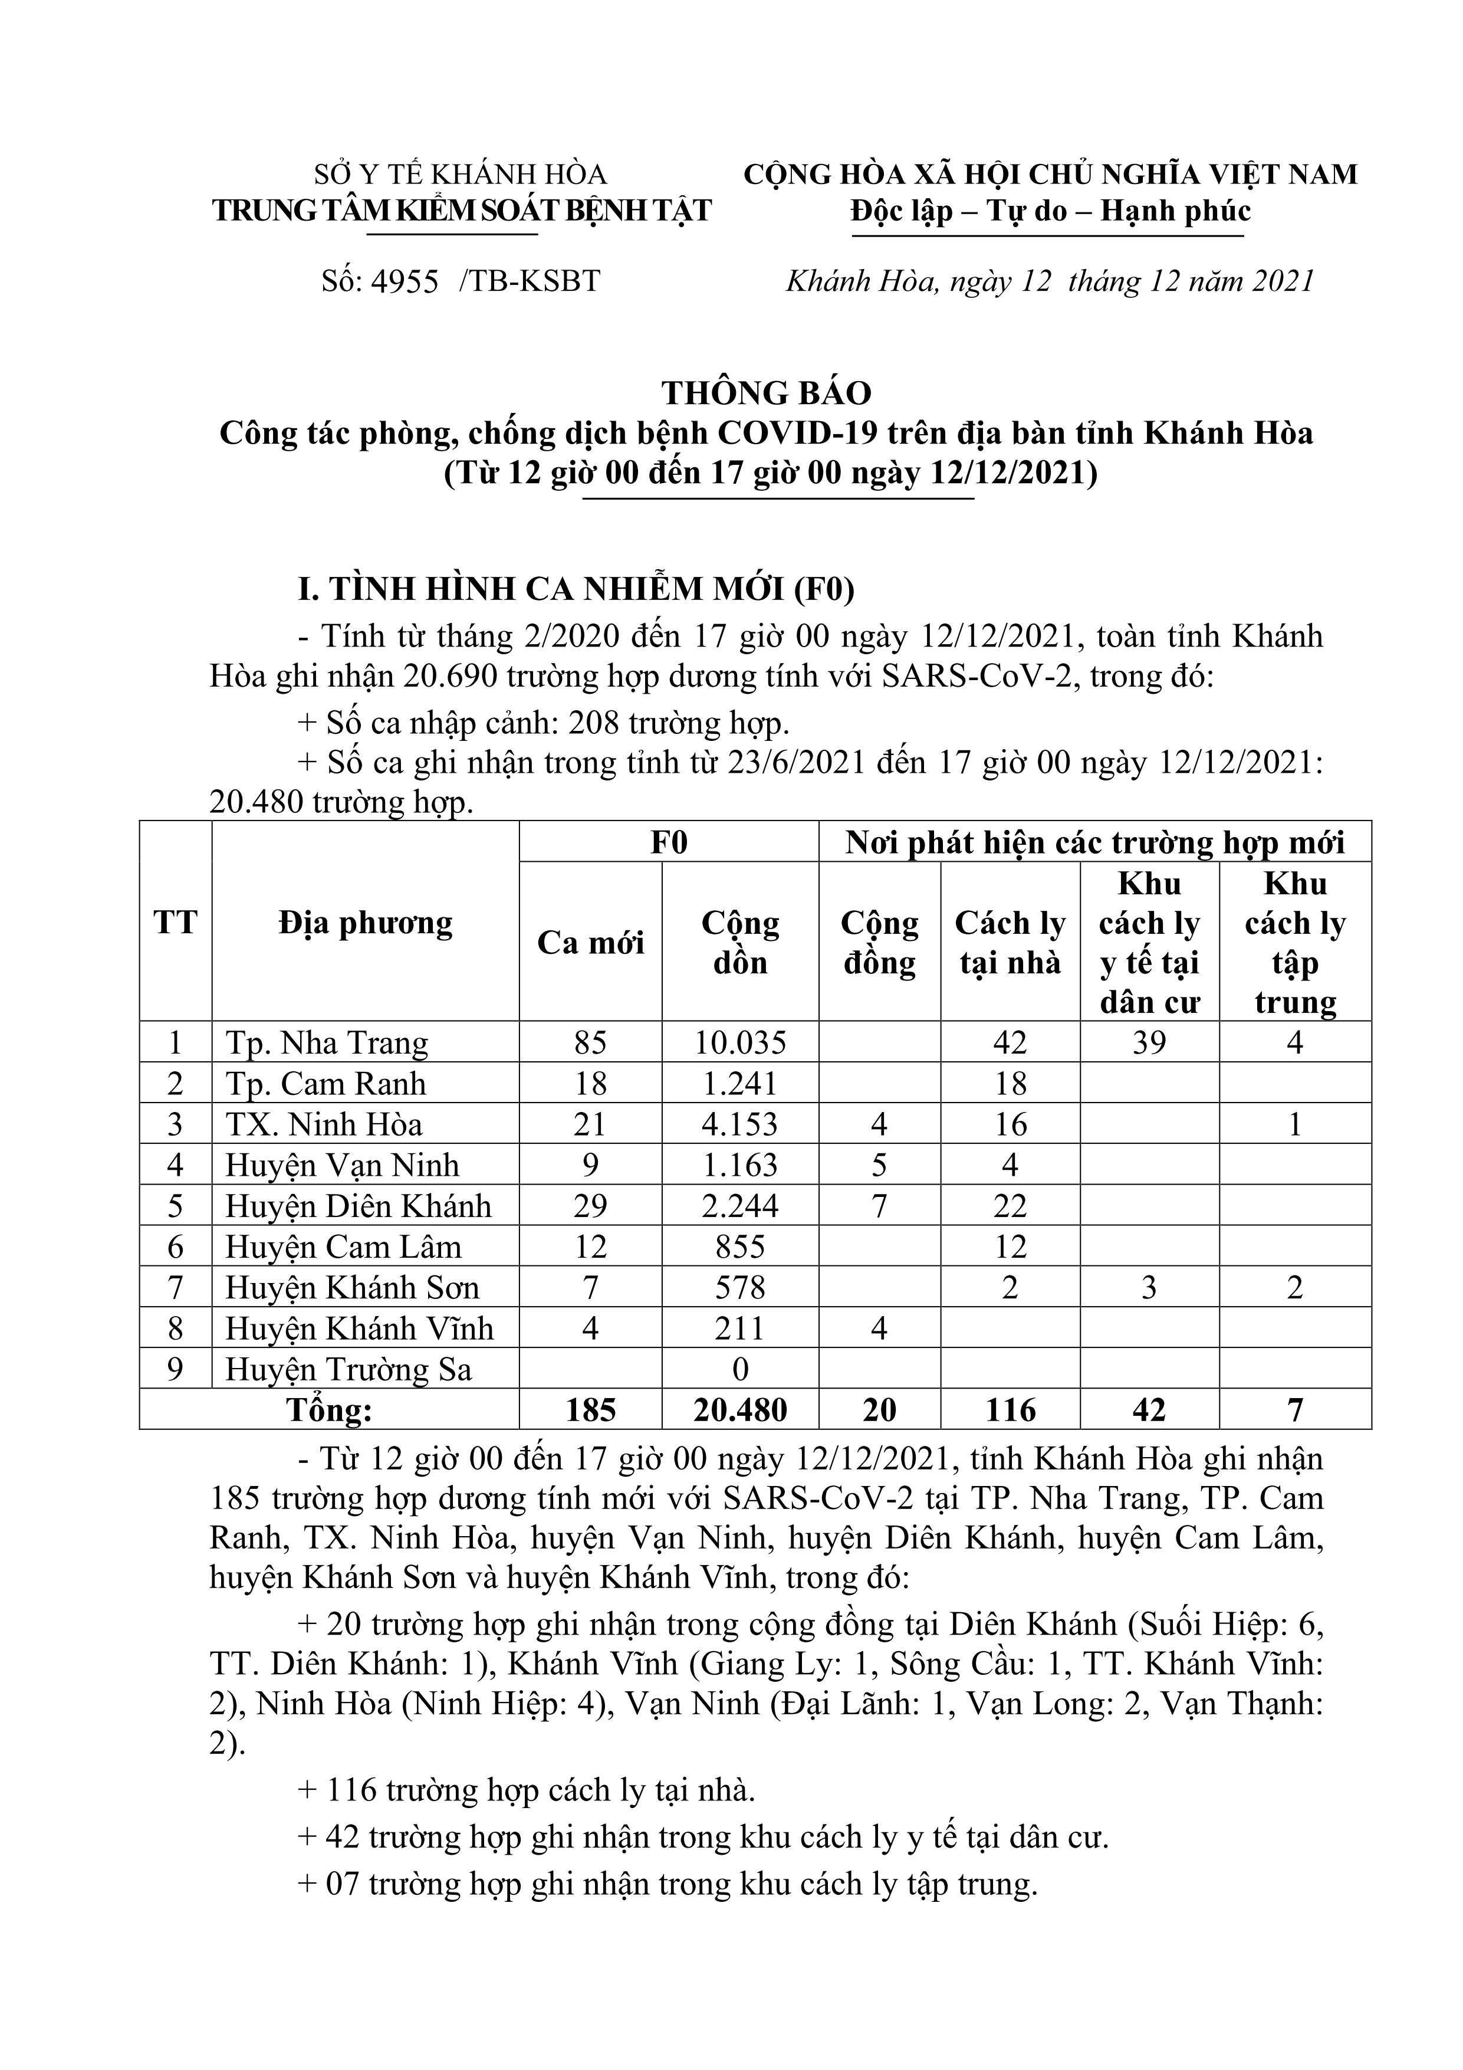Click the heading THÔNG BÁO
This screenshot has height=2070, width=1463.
click(766, 393)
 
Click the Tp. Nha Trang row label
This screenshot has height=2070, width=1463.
click(326, 1043)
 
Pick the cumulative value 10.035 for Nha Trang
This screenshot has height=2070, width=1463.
click(740, 1043)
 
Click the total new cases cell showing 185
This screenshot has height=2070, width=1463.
click(590, 1410)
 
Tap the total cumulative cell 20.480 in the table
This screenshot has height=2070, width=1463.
click(740, 1410)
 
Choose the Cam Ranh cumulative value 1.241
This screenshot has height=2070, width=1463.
click(740, 1084)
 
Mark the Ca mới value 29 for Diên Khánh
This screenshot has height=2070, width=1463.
click(590, 1206)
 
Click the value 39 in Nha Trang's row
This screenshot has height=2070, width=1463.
click(1149, 1043)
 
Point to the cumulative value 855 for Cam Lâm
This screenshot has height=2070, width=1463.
click(740, 1247)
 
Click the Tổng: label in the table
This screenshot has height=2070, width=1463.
click(329, 1410)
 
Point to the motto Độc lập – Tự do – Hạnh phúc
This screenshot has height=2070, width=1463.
click(1050, 211)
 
